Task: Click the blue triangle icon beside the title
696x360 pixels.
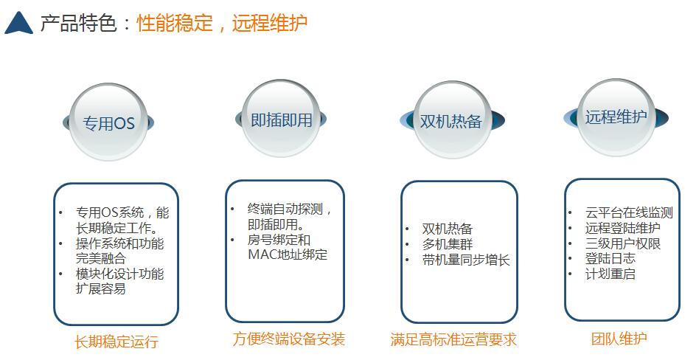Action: (x=18, y=23)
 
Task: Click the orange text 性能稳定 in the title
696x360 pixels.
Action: (x=175, y=23)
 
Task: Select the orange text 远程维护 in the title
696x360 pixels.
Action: (x=269, y=23)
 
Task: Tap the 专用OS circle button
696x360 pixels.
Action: (x=108, y=122)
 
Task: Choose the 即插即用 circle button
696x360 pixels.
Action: (x=281, y=119)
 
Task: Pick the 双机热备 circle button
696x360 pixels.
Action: (x=452, y=120)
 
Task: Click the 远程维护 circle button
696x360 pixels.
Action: (x=616, y=117)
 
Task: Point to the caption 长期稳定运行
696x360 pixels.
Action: (x=116, y=342)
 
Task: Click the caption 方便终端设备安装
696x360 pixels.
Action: (x=289, y=339)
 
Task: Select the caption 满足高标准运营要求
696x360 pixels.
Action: (x=453, y=339)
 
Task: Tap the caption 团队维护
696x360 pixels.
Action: (x=619, y=339)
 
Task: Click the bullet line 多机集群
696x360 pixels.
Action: (x=448, y=244)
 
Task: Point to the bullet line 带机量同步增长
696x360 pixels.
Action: (x=466, y=260)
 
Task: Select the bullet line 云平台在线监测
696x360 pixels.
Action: (x=629, y=212)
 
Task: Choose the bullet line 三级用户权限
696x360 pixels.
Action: (x=623, y=243)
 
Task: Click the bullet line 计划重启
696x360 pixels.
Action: (x=610, y=274)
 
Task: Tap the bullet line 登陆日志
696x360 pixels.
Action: (x=610, y=258)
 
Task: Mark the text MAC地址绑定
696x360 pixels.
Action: (x=288, y=255)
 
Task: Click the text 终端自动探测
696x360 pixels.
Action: (x=285, y=209)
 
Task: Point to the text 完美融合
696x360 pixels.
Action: (x=101, y=258)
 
